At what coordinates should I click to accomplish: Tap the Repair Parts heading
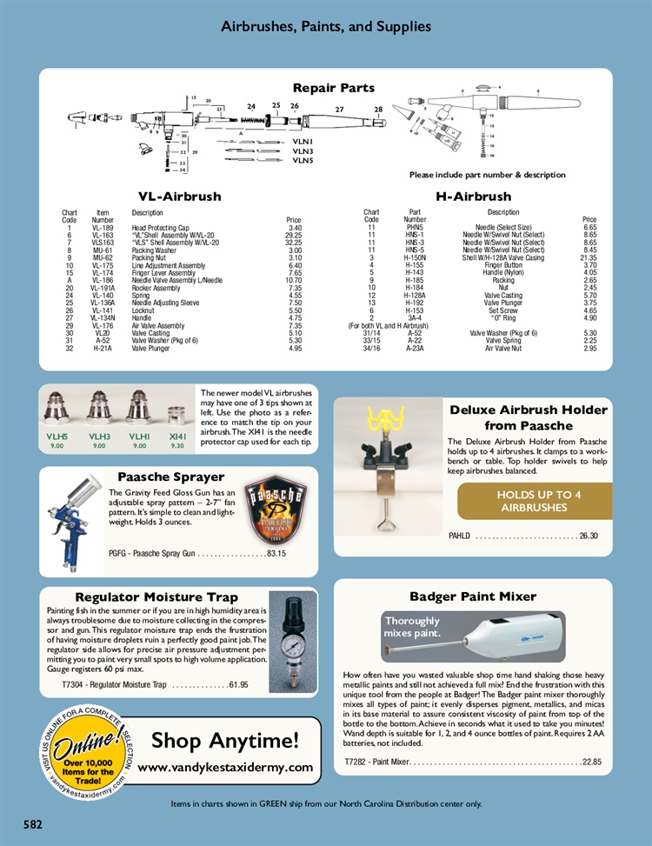coord(333,88)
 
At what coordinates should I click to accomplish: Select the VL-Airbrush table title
coord(179,197)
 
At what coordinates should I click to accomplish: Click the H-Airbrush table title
coord(473,197)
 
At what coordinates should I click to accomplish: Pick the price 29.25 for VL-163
coord(293,235)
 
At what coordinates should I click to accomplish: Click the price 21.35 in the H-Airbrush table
coord(589,257)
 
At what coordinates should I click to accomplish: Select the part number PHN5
coord(415,228)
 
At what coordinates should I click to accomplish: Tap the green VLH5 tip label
coord(57,436)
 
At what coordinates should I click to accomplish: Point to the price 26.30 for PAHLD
coord(589,536)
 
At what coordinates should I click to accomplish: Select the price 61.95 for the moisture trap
coord(238,685)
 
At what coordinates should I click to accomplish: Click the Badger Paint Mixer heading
coord(473,596)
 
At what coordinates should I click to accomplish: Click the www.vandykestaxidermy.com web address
coord(225,768)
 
